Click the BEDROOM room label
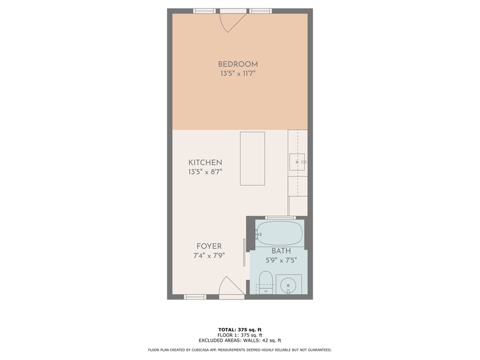coord(238,64)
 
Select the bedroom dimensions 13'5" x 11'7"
coord(238,73)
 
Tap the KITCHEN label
coord(205,163)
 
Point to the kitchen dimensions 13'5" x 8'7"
coord(205,171)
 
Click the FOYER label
coord(209,246)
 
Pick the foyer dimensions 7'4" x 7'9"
coord(209,255)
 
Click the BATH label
coord(281,251)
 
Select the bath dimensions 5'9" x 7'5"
coord(281,261)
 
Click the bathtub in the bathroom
coord(279,233)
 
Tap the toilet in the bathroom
coord(266,282)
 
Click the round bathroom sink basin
coord(288,285)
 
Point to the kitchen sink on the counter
coord(298,162)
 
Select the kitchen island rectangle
coord(252,159)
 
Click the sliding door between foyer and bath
coord(244,252)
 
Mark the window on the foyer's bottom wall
coord(195,297)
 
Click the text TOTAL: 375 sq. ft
coord(240,329)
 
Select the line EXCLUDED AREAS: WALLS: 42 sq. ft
coord(240,340)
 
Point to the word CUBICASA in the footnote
coord(200,350)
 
